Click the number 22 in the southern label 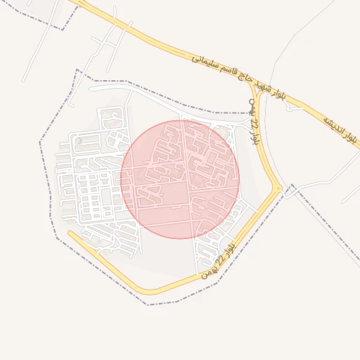click(219, 259)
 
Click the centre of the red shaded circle click(180, 179)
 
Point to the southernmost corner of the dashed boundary click(147, 304)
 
